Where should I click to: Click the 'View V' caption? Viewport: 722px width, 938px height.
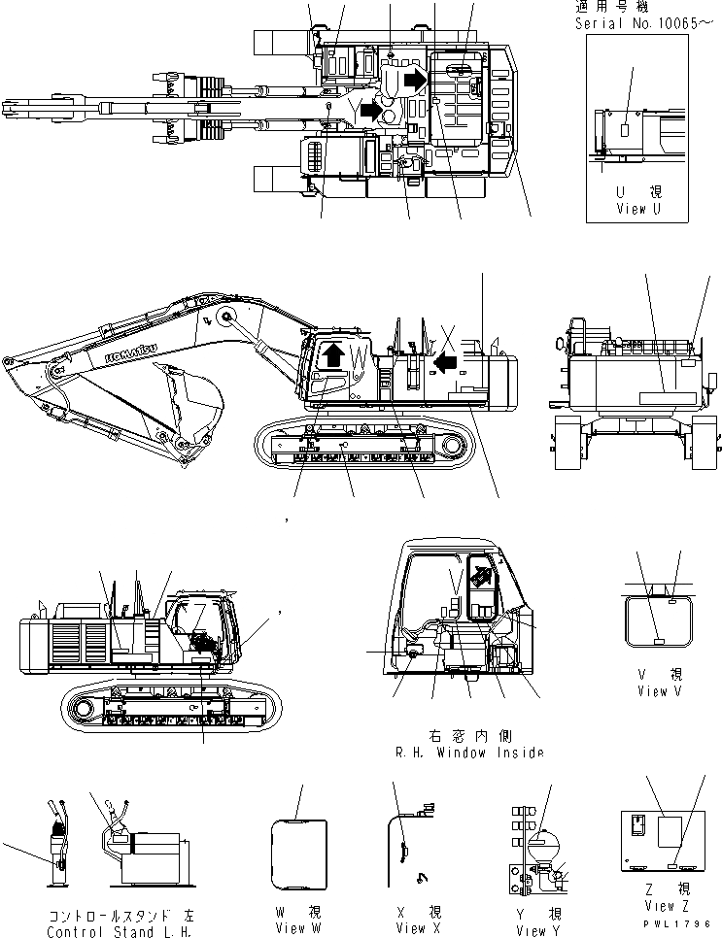click(x=652, y=691)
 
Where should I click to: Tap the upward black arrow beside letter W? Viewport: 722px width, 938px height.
click(x=332, y=354)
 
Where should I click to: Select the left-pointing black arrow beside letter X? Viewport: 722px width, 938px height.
click(x=445, y=362)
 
